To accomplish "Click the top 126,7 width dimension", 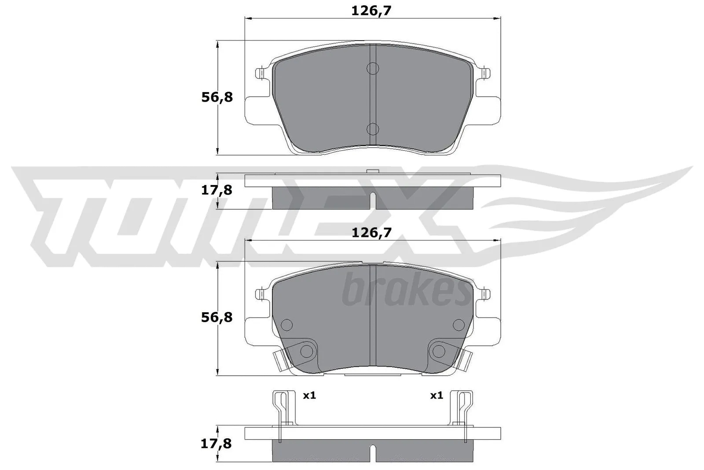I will pyautogui.click(x=371, y=11).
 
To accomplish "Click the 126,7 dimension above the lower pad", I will pyautogui.click(x=371, y=233).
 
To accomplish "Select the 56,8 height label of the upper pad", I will pyautogui.click(x=217, y=97).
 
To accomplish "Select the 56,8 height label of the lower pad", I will pyautogui.click(x=217, y=317).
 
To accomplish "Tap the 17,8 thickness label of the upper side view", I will pyautogui.click(x=217, y=190).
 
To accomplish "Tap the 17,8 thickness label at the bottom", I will pyautogui.click(x=217, y=444).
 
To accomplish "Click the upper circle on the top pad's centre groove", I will pyautogui.click(x=373, y=68).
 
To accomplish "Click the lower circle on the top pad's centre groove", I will pyautogui.click(x=373, y=129).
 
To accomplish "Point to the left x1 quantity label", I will pyautogui.click(x=309, y=396).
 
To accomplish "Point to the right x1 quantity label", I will pyautogui.click(x=436, y=396).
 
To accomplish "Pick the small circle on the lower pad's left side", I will pyautogui.click(x=287, y=325).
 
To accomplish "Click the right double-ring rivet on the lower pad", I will pyautogui.click(x=439, y=351).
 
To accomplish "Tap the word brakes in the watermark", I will pyautogui.click(x=406, y=291).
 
